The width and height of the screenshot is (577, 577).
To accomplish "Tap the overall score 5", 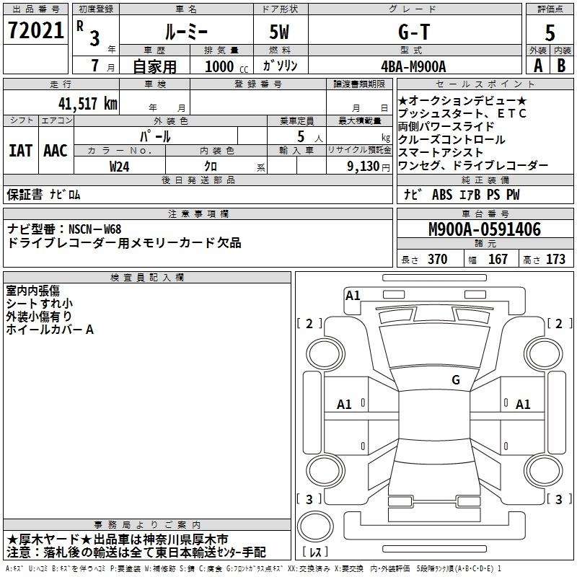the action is (550, 32).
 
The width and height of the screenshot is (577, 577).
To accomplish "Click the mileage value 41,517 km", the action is (83, 103).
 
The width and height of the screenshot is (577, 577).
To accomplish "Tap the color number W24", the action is (120, 165).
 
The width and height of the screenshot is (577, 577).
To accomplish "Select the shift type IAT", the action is (20, 151).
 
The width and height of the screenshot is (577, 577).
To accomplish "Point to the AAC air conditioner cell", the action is (55, 151).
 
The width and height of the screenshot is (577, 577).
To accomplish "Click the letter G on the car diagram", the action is (455, 379).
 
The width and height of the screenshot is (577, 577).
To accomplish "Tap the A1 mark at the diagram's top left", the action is (353, 295).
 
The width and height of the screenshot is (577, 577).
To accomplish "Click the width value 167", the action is (498, 260).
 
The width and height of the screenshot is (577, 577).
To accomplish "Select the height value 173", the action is (555, 260).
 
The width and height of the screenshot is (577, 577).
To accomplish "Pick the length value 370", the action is (437, 260).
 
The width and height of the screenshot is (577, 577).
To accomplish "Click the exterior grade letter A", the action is (537, 66).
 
